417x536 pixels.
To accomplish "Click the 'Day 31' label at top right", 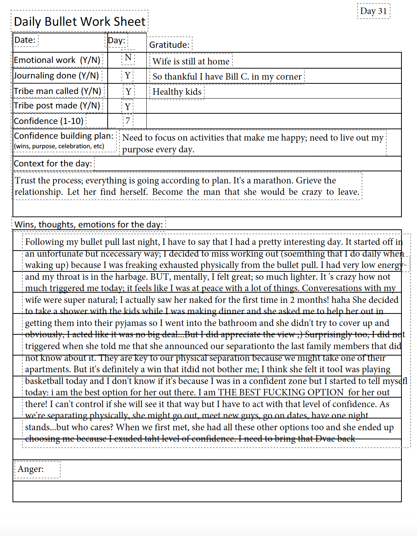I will [x=373, y=11].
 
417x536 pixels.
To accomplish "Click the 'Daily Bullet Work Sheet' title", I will [x=80, y=22].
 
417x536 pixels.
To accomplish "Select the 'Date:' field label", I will [x=25, y=40].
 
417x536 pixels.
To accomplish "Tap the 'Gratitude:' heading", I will [x=169, y=45].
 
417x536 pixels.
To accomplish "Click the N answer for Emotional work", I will [x=128, y=57].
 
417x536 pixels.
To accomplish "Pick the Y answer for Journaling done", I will [x=128, y=75].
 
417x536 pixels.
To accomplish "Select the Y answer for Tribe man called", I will [x=129, y=91].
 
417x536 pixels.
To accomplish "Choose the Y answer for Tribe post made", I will [x=128, y=107].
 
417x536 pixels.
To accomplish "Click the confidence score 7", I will [x=128, y=121].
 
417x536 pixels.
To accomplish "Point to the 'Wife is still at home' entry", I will [x=191, y=61].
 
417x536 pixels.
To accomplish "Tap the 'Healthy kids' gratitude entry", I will [x=177, y=92].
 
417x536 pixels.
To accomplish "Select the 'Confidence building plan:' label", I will [x=64, y=136].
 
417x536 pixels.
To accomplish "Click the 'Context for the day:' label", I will [x=53, y=164].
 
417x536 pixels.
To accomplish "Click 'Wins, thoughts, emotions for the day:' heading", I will [x=89, y=224].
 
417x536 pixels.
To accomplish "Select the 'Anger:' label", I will [x=31, y=469].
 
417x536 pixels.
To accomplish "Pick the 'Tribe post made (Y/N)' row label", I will [x=57, y=106].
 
